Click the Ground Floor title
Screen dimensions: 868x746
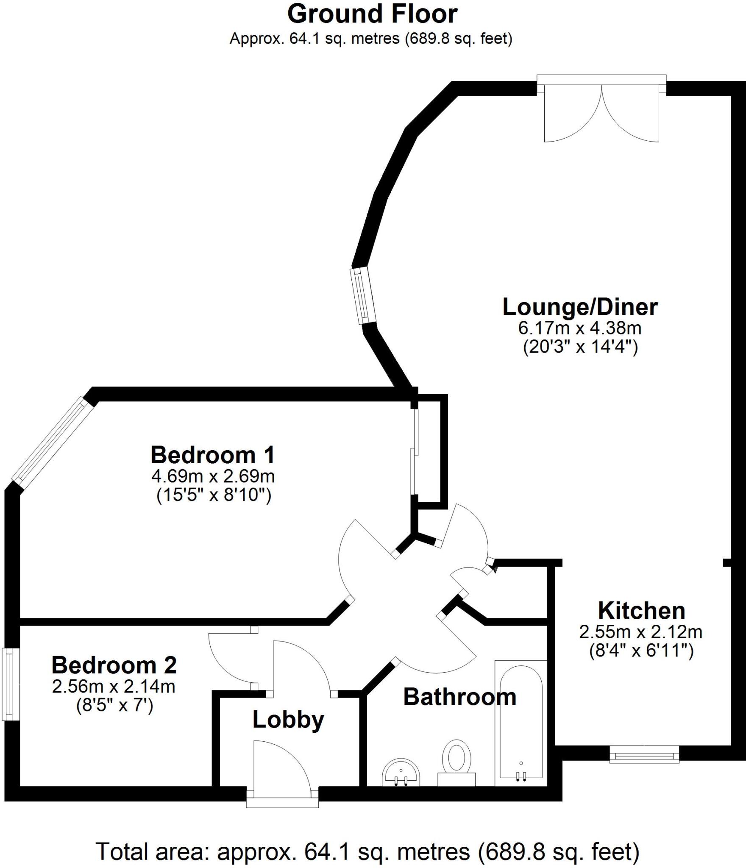tap(372, 14)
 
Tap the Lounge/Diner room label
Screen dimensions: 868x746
tap(580, 307)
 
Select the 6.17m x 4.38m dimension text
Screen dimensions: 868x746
tap(579, 328)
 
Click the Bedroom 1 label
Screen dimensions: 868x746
tap(213, 455)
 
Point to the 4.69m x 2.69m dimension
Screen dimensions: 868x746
tap(213, 476)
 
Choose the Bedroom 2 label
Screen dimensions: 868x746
tap(114, 665)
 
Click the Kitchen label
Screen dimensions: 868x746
tap(641, 611)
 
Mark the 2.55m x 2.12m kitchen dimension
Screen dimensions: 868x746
tap(640, 632)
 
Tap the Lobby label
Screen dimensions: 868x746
tap(288, 720)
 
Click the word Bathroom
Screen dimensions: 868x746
tap(459, 697)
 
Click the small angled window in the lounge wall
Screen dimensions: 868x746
tap(363, 296)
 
